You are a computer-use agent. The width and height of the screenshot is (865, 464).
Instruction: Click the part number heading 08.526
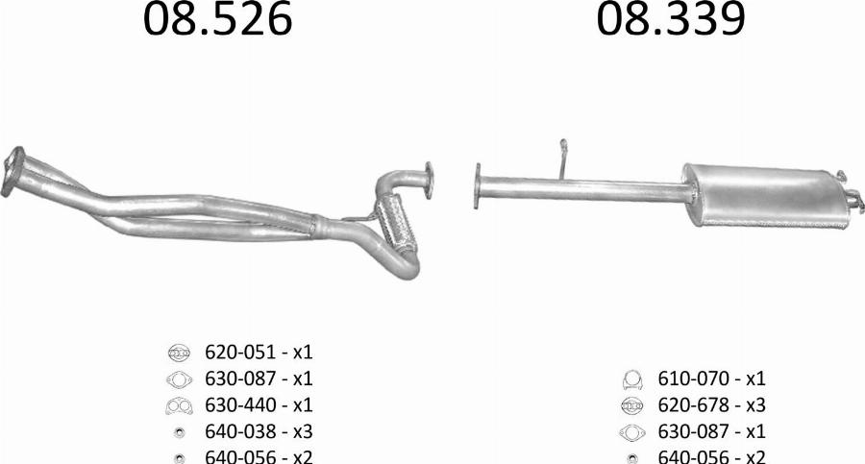(x=217, y=19)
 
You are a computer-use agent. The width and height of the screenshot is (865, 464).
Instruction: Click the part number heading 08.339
(x=670, y=19)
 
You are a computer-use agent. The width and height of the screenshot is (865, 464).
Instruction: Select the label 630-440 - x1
(x=259, y=405)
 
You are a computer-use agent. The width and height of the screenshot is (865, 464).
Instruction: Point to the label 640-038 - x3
(x=259, y=431)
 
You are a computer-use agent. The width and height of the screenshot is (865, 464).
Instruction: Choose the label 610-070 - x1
(x=711, y=379)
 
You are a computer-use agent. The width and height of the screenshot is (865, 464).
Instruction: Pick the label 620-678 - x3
(x=711, y=405)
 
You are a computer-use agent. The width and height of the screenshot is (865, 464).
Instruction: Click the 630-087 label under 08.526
(x=259, y=379)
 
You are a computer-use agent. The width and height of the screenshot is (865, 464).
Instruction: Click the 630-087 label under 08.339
(x=711, y=431)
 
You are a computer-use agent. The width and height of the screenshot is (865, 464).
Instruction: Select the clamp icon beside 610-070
(x=631, y=379)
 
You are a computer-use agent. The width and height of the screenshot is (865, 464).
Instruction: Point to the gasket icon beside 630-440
(x=179, y=405)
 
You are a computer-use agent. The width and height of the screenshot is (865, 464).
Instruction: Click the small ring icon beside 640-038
(x=180, y=432)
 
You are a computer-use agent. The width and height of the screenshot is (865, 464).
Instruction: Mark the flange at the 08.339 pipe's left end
(x=477, y=185)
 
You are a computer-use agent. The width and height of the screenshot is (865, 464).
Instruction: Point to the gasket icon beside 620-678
(x=631, y=405)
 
